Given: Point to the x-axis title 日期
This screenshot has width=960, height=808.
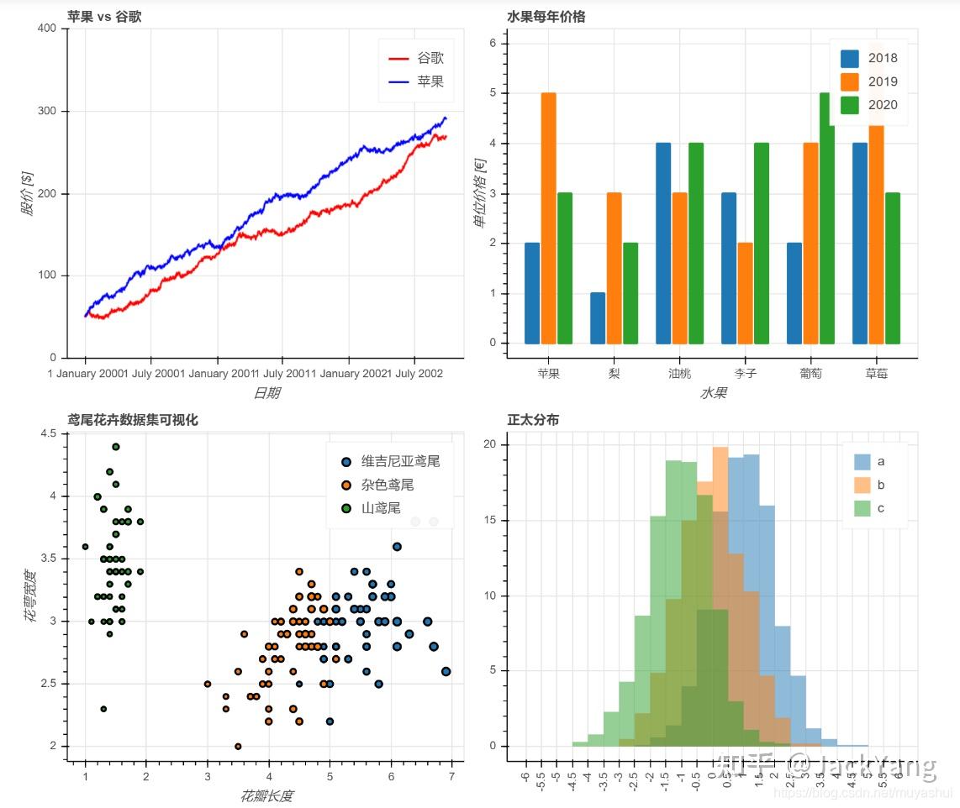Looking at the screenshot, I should click(267, 392).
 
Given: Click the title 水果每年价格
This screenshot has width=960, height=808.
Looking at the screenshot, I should click(546, 16).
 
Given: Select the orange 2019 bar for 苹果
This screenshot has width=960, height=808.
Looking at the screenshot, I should click(548, 218).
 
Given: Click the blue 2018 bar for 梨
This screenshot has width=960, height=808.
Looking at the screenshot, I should click(598, 317).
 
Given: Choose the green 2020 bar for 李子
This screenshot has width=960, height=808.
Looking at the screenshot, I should click(762, 243).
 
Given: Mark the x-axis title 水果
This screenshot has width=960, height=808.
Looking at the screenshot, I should click(713, 392).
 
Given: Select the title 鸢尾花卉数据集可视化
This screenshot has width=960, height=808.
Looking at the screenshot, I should click(133, 420).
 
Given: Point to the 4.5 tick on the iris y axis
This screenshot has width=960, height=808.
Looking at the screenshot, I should click(49, 433).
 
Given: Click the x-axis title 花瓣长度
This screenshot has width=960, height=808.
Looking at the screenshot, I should click(267, 795).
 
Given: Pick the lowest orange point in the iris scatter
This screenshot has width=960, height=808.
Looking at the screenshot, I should click(238, 746).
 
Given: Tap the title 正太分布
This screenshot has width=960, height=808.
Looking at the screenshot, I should click(533, 420).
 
